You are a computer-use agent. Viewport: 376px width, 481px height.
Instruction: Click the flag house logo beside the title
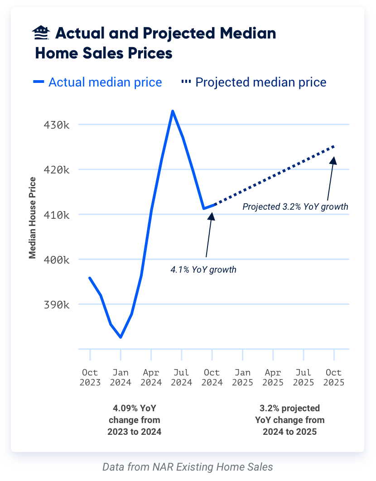pos(42,33)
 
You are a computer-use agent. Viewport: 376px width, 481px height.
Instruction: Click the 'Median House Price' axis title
pos(33,217)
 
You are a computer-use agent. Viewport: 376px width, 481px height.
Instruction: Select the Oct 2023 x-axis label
pos(90,377)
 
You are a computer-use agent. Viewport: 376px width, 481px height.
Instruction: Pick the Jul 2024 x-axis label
pos(181,377)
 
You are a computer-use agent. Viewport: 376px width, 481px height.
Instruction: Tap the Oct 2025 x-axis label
pos(334,377)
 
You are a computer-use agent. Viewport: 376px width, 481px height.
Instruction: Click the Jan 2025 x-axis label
pos(242,377)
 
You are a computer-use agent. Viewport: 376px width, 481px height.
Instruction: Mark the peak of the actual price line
pos(173,111)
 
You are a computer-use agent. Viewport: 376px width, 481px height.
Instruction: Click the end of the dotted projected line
pos(334,146)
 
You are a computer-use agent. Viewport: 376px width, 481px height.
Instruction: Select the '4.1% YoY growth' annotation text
pos(203,269)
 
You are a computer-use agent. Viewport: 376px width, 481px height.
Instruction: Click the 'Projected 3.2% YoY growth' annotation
pos(295,207)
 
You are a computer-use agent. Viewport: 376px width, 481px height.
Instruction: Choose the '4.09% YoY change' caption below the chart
pos(134,420)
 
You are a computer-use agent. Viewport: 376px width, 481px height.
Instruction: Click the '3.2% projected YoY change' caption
pos(289,420)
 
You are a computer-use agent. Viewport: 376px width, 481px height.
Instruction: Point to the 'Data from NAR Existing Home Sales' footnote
pos(188,467)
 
